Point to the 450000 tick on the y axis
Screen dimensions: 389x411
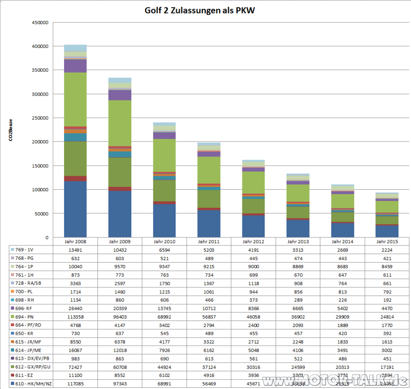pos(40,23)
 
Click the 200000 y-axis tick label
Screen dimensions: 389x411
pos(40,142)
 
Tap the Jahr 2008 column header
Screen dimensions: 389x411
pos(75,242)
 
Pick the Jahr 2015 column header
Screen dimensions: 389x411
pos(387,242)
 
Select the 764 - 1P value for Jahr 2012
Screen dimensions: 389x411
pos(253,266)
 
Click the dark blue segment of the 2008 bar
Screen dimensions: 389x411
pos(75,209)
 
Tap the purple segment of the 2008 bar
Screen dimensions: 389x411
pos(75,66)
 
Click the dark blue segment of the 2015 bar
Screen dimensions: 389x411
pos(387,231)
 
